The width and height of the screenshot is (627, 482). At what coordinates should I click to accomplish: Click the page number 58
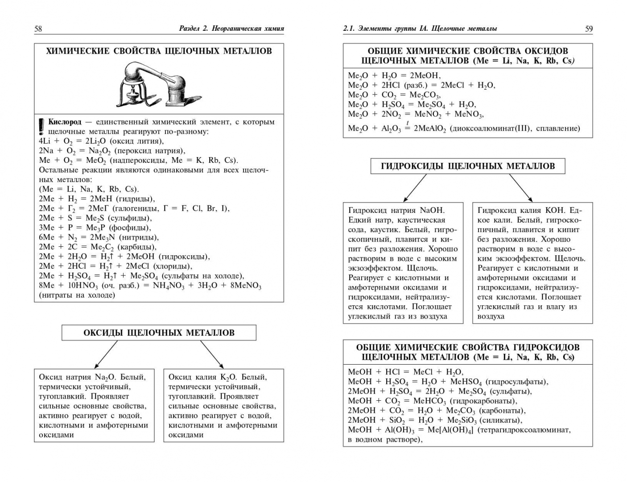[x=38, y=29]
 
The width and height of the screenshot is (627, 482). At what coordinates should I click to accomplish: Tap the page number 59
[x=589, y=29]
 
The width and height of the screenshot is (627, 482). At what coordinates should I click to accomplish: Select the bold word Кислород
[x=65, y=122]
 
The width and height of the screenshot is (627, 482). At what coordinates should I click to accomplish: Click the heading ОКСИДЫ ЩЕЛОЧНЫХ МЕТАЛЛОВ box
[x=159, y=332]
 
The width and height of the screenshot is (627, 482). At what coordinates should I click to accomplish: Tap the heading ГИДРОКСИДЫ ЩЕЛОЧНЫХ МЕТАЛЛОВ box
[x=467, y=166]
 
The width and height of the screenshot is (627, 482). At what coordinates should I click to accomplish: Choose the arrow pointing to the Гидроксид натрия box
[x=415, y=187]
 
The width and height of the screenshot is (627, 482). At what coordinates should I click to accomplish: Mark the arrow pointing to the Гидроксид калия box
[x=521, y=187]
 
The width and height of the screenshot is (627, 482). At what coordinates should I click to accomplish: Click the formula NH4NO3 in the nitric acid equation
[x=169, y=286]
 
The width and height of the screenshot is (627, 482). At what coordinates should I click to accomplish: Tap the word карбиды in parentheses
[x=139, y=247]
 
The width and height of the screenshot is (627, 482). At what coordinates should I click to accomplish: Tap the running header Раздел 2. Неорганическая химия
[x=231, y=29]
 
